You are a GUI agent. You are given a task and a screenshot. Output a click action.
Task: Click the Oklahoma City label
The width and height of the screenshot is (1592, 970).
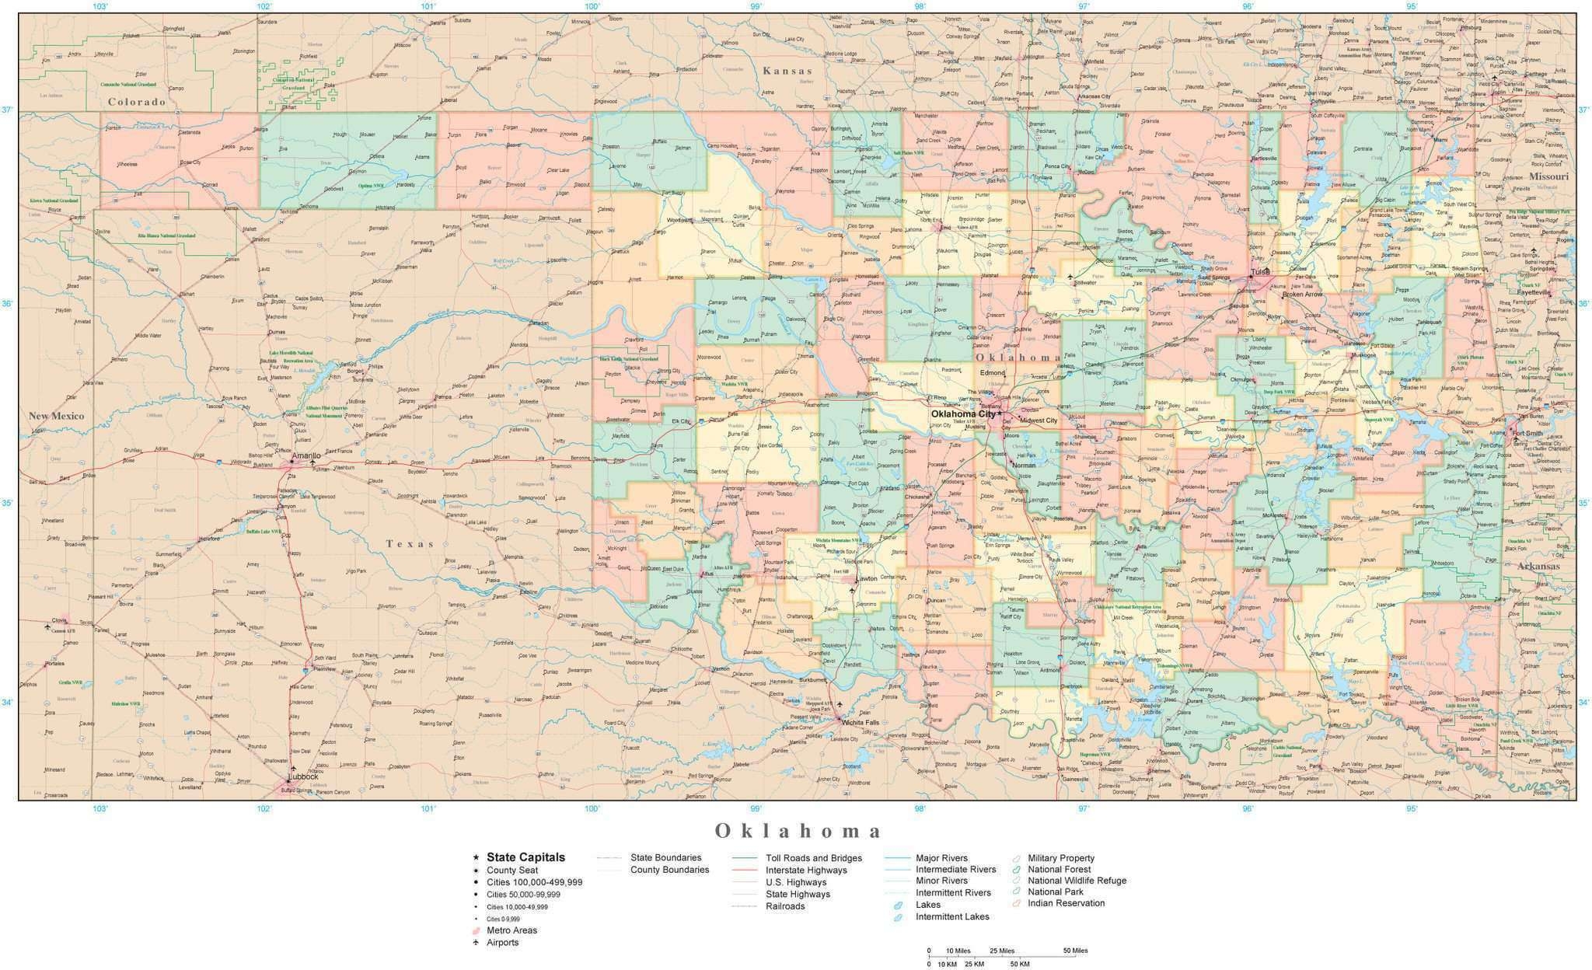coord(962,414)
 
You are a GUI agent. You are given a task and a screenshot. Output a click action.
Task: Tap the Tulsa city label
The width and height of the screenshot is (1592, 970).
coord(1260,272)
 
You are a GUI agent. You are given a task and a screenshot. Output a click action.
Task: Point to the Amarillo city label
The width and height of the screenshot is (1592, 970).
coord(305,455)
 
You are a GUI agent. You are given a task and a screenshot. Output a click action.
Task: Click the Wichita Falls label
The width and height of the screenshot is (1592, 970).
coord(861,722)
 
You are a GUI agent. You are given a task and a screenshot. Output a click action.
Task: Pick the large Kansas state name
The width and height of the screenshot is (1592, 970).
coord(787,71)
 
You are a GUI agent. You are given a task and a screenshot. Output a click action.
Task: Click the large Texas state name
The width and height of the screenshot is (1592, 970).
coord(410,544)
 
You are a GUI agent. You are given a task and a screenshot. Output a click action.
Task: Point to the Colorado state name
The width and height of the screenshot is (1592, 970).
coord(137,102)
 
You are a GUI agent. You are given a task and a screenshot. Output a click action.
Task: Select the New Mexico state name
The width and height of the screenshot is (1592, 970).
coord(56,416)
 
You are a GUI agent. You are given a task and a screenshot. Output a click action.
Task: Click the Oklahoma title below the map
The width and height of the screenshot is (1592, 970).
coord(798,831)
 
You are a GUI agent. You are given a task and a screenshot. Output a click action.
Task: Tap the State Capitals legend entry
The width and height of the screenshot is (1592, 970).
coord(525,857)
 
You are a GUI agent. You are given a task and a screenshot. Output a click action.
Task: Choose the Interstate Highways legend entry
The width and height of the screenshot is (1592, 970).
coord(806,870)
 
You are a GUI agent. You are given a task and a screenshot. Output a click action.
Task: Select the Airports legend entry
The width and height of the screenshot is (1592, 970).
coord(502,942)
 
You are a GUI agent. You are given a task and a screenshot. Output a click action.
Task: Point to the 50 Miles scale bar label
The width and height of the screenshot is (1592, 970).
coord(1075,951)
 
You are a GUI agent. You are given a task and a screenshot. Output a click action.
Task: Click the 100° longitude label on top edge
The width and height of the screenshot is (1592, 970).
coord(592,6)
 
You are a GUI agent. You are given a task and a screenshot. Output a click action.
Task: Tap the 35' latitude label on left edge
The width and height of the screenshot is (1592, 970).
coord(7,503)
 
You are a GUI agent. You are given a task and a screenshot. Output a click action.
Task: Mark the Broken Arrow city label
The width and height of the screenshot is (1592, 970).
coord(1302,295)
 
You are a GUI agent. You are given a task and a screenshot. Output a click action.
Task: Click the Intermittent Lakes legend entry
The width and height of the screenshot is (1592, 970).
coord(952,916)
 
